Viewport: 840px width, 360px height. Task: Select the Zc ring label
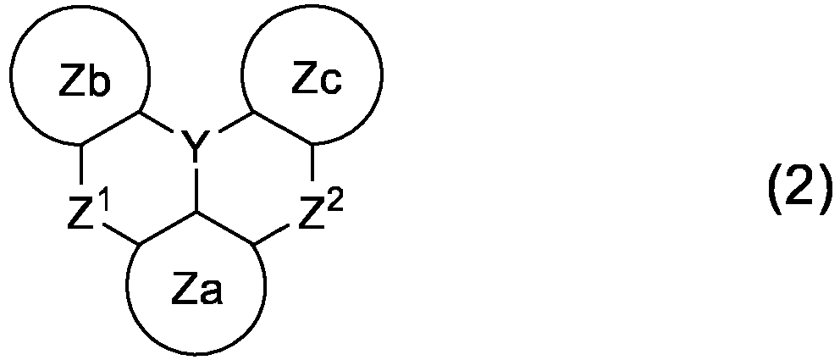pyautogui.click(x=317, y=80)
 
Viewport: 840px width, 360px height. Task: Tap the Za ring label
pyautogui.click(x=197, y=291)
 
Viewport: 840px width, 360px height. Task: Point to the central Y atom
pyautogui.click(x=196, y=143)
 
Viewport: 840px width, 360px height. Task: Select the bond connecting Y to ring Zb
pyautogui.click(x=157, y=122)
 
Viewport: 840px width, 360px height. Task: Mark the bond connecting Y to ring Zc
pyautogui.click(x=236, y=122)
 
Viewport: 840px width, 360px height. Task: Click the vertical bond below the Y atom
pyautogui.click(x=196, y=191)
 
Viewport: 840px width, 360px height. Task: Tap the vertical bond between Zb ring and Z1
pyautogui.click(x=81, y=164)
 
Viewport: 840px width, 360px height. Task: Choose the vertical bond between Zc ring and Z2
pyautogui.click(x=312, y=163)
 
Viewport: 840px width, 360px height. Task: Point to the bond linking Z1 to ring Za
pyautogui.click(x=122, y=235)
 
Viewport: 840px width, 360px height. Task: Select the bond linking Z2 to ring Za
pyautogui.click(x=272, y=235)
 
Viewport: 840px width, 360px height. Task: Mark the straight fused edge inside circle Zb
pyautogui.click(x=110, y=128)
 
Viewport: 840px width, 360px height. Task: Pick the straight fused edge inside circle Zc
pyautogui.click(x=282, y=128)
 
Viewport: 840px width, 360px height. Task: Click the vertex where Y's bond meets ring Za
pyautogui.click(x=196, y=213)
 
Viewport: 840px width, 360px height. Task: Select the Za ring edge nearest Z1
pyautogui.click(x=169, y=229)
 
